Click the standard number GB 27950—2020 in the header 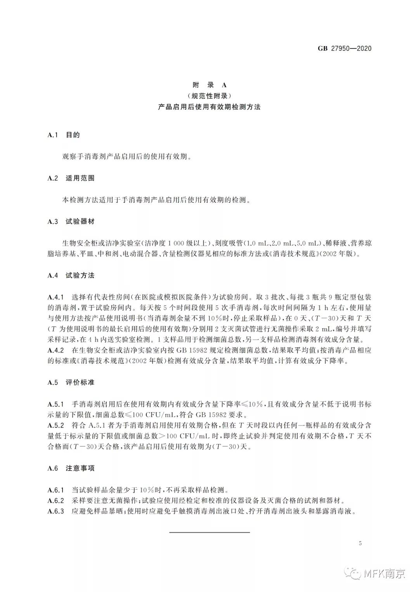coord(345,48)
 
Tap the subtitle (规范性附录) coord(209,96)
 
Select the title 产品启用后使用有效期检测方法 coord(209,107)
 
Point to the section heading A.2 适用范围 coord(71,178)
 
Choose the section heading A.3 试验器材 coord(71,222)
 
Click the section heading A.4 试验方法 coord(71,276)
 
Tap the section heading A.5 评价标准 coord(71,382)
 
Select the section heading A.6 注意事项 coord(71,468)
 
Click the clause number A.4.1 coord(55,298)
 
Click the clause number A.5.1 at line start coord(55,404)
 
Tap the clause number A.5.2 coord(55,425)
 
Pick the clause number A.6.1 coord(55,490)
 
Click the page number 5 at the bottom coord(360,543)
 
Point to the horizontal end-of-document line coord(209,532)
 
